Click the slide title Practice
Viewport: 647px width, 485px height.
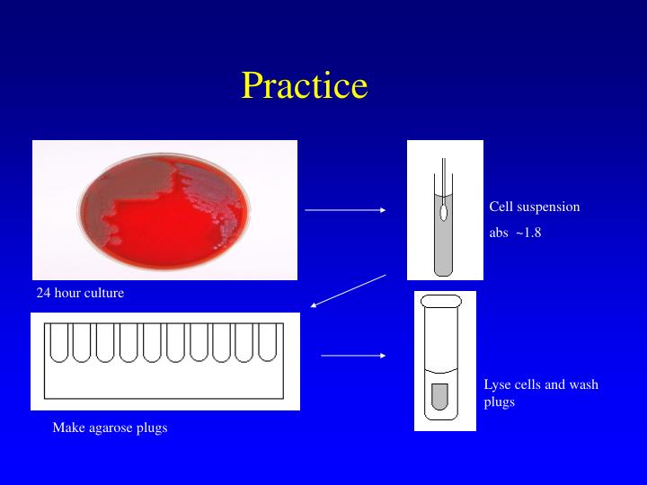(x=305, y=85)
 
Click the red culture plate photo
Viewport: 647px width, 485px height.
(x=165, y=210)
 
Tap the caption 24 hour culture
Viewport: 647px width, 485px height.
(x=80, y=293)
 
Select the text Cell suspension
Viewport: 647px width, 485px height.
(x=534, y=207)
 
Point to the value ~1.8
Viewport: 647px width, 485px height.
(x=528, y=233)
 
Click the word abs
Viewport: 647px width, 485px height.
(x=499, y=233)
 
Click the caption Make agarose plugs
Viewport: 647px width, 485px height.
(x=110, y=428)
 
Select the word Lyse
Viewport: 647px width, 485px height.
(x=498, y=384)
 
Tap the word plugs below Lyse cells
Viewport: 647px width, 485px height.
(x=499, y=401)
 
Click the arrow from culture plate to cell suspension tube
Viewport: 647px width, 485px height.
(x=345, y=210)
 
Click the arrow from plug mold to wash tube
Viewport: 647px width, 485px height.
(x=352, y=356)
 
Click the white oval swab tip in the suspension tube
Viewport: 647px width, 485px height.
(x=444, y=213)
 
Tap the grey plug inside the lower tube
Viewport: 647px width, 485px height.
(x=439, y=394)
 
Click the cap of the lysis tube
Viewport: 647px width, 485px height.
(x=440, y=301)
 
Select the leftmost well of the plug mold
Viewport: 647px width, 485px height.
(x=58, y=341)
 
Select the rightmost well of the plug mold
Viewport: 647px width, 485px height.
(x=269, y=341)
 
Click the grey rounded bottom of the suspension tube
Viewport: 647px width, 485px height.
(x=444, y=265)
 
